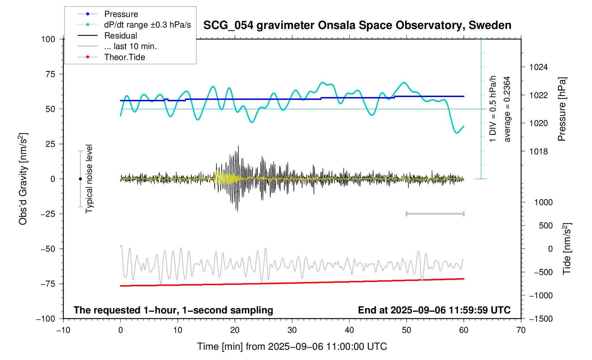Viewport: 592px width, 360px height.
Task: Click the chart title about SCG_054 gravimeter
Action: [x=357, y=25]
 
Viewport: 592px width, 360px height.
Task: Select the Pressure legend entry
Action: [x=121, y=14]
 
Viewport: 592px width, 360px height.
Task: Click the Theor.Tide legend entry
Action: [x=124, y=57]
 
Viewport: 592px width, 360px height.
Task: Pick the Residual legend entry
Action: [x=120, y=36]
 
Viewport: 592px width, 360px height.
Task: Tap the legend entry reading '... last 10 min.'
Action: [x=130, y=47]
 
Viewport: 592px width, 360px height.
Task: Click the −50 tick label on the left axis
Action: [x=47, y=249]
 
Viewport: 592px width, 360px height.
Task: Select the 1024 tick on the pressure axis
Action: [x=538, y=67]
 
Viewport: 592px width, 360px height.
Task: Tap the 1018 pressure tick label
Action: [x=538, y=151]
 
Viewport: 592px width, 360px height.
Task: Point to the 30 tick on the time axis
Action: [x=292, y=330]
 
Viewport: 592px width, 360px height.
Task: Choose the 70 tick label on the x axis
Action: [x=521, y=330]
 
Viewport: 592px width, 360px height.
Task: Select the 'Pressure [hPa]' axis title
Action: [x=562, y=109]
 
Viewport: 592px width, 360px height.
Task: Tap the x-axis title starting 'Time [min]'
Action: [x=292, y=347]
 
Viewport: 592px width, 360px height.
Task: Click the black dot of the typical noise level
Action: [x=80, y=179]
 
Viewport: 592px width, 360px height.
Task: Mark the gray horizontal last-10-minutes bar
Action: [x=435, y=214]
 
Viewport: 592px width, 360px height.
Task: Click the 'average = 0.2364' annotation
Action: [x=507, y=109]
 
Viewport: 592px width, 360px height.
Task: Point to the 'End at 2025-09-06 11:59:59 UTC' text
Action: [x=434, y=310]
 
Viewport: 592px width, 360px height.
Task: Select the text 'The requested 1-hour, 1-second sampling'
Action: [x=173, y=310]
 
